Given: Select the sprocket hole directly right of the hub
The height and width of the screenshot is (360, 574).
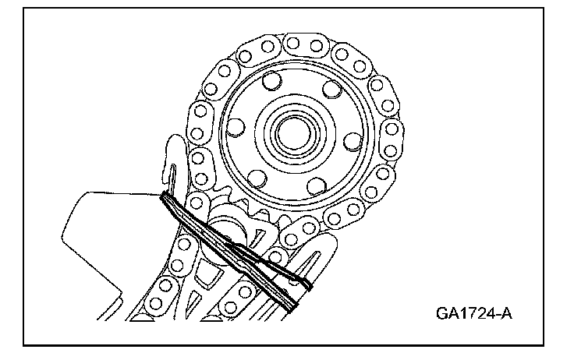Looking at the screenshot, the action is click(352, 140).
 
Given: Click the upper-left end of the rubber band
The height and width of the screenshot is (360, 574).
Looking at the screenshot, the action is click(165, 199).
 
